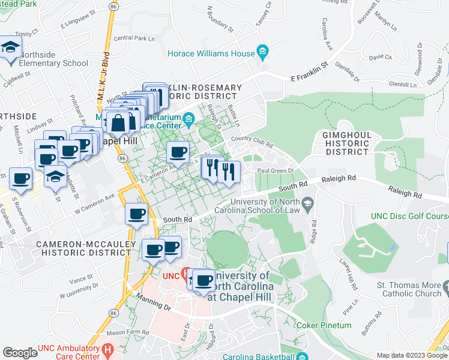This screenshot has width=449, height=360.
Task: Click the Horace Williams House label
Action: point(212,53)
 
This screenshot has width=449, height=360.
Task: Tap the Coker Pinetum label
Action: point(324,325)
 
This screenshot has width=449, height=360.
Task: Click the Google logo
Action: point(20,352)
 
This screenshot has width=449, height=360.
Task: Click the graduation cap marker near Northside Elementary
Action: point(10,48)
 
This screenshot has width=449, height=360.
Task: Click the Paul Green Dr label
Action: point(274,170)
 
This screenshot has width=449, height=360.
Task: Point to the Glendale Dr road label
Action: point(347,71)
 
